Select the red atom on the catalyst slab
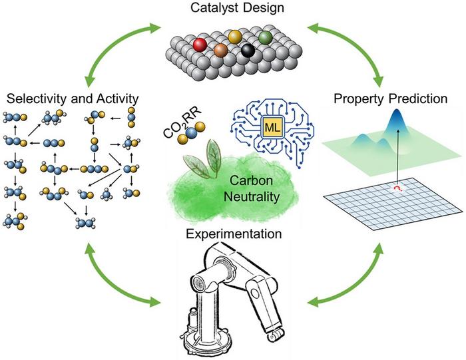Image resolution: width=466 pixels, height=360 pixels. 200,45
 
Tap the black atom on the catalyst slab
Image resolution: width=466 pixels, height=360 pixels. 250,51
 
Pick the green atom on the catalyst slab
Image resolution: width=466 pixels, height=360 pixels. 266,37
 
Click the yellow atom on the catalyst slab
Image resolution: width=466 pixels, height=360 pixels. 234,36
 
